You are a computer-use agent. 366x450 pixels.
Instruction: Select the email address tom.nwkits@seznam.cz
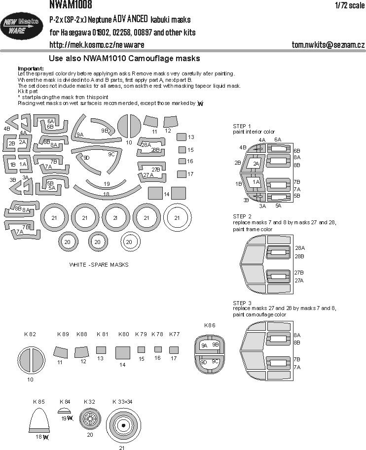pyautogui.click(x=328, y=45)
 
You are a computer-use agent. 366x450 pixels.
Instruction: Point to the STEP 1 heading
pyautogui.click(x=242, y=126)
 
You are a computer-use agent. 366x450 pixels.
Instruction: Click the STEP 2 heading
pyautogui.click(x=242, y=216)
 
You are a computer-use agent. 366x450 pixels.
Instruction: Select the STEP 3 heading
pyautogui.click(x=242, y=302)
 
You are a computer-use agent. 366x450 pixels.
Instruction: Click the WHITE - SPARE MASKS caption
pyautogui.click(x=99, y=265)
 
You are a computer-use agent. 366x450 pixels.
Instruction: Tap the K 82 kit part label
pyautogui.click(x=30, y=334)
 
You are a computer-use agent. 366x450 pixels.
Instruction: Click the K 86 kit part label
pyautogui.click(x=210, y=325)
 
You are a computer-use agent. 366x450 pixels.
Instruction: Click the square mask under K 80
pyautogui.click(x=122, y=352)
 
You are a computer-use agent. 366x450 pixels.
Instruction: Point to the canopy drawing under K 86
pyautogui.click(x=210, y=352)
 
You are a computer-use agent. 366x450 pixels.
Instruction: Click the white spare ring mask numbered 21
pyautogui.click(x=177, y=217)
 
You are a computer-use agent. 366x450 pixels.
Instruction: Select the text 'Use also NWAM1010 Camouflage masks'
pyautogui.click(x=125, y=58)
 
